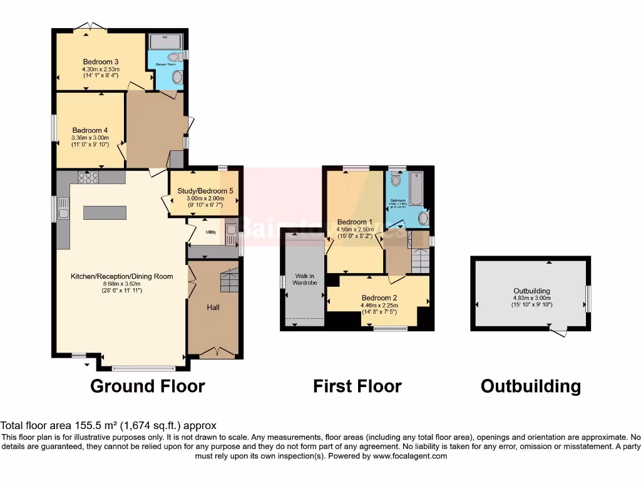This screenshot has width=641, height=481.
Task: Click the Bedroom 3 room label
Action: pyautogui.click(x=101, y=61)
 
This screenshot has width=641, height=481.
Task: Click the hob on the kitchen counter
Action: pyautogui.click(x=88, y=177)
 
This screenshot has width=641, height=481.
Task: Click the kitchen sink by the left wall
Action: pyautogui.click(x=63, y=214)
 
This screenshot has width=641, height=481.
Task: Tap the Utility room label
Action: pyautogui.click(x=211, y=231)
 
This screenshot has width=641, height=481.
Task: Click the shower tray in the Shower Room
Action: pyautogui.click(x=165, y=41)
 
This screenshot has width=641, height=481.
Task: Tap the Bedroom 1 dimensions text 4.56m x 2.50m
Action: pyautogui.click(x=355, y=229)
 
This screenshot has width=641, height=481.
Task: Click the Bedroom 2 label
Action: pyautogui.click(x=379, y=298)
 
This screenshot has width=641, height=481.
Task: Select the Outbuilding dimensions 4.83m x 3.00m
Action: pyautogui.click(x=531, y=298)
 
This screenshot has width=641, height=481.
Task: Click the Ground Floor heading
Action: pyautogui.click(x=148, y=386)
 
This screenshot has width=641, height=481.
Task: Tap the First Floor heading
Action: pyautogui.click(x=357, y=386)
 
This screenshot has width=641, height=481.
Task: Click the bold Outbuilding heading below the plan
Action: pyautogui.click(x=530, y=386)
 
